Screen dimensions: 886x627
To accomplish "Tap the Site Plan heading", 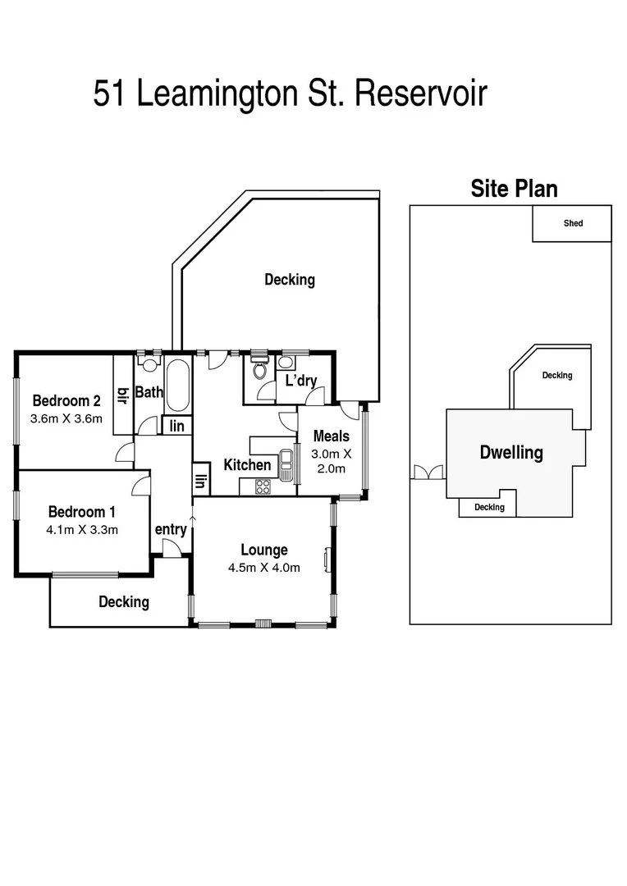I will (514, 189).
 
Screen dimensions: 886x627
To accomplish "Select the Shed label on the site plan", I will (573, 223).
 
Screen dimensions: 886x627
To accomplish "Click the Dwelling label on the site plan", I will (511, 452).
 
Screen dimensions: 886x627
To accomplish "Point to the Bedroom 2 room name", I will (66, 401).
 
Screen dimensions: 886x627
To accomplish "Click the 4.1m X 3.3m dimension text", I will (82, 529).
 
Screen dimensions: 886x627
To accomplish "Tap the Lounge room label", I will (263, 550).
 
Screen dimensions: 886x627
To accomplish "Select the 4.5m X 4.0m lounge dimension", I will (263, 567).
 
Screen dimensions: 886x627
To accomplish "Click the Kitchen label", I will (247, 465).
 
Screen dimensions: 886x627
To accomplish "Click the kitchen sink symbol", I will (286, 464).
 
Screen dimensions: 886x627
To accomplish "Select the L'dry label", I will (300, 381).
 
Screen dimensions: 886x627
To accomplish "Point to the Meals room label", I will (331, 436).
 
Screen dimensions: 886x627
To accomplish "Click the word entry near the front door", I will (171, 530).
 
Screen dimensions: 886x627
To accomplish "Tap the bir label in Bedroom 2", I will (124, 395).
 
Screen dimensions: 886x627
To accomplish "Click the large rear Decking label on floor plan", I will (289, 280).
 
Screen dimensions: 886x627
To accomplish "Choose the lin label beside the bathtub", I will (177, 426).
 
